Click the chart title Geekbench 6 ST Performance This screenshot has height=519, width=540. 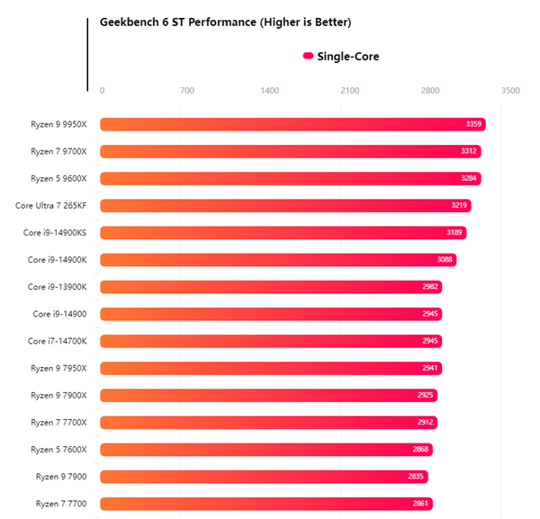[225, 22]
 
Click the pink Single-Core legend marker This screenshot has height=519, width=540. [308, 56]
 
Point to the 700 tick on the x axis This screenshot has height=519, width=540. [187, 90]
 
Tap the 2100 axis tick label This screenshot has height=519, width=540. [349, 90]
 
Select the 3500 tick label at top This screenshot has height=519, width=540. [510, 90]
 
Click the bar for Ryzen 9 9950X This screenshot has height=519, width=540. [292, 124]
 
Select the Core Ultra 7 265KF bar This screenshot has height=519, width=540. [285, 205]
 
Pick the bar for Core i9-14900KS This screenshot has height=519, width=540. [283, 233]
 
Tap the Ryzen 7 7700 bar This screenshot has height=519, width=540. [265, 504]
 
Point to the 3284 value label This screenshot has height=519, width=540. [469, 178]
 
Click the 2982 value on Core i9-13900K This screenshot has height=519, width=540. [430, 287]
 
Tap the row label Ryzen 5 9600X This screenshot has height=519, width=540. [58, 178]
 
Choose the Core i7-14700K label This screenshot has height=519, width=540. [57, 341]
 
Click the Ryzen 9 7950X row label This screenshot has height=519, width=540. [58, 368]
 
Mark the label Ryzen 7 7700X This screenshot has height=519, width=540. [58, 422]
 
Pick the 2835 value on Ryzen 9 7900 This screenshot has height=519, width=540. [416, 477]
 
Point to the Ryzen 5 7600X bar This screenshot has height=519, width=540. [266, 449]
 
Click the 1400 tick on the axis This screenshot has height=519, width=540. [269, 90]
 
